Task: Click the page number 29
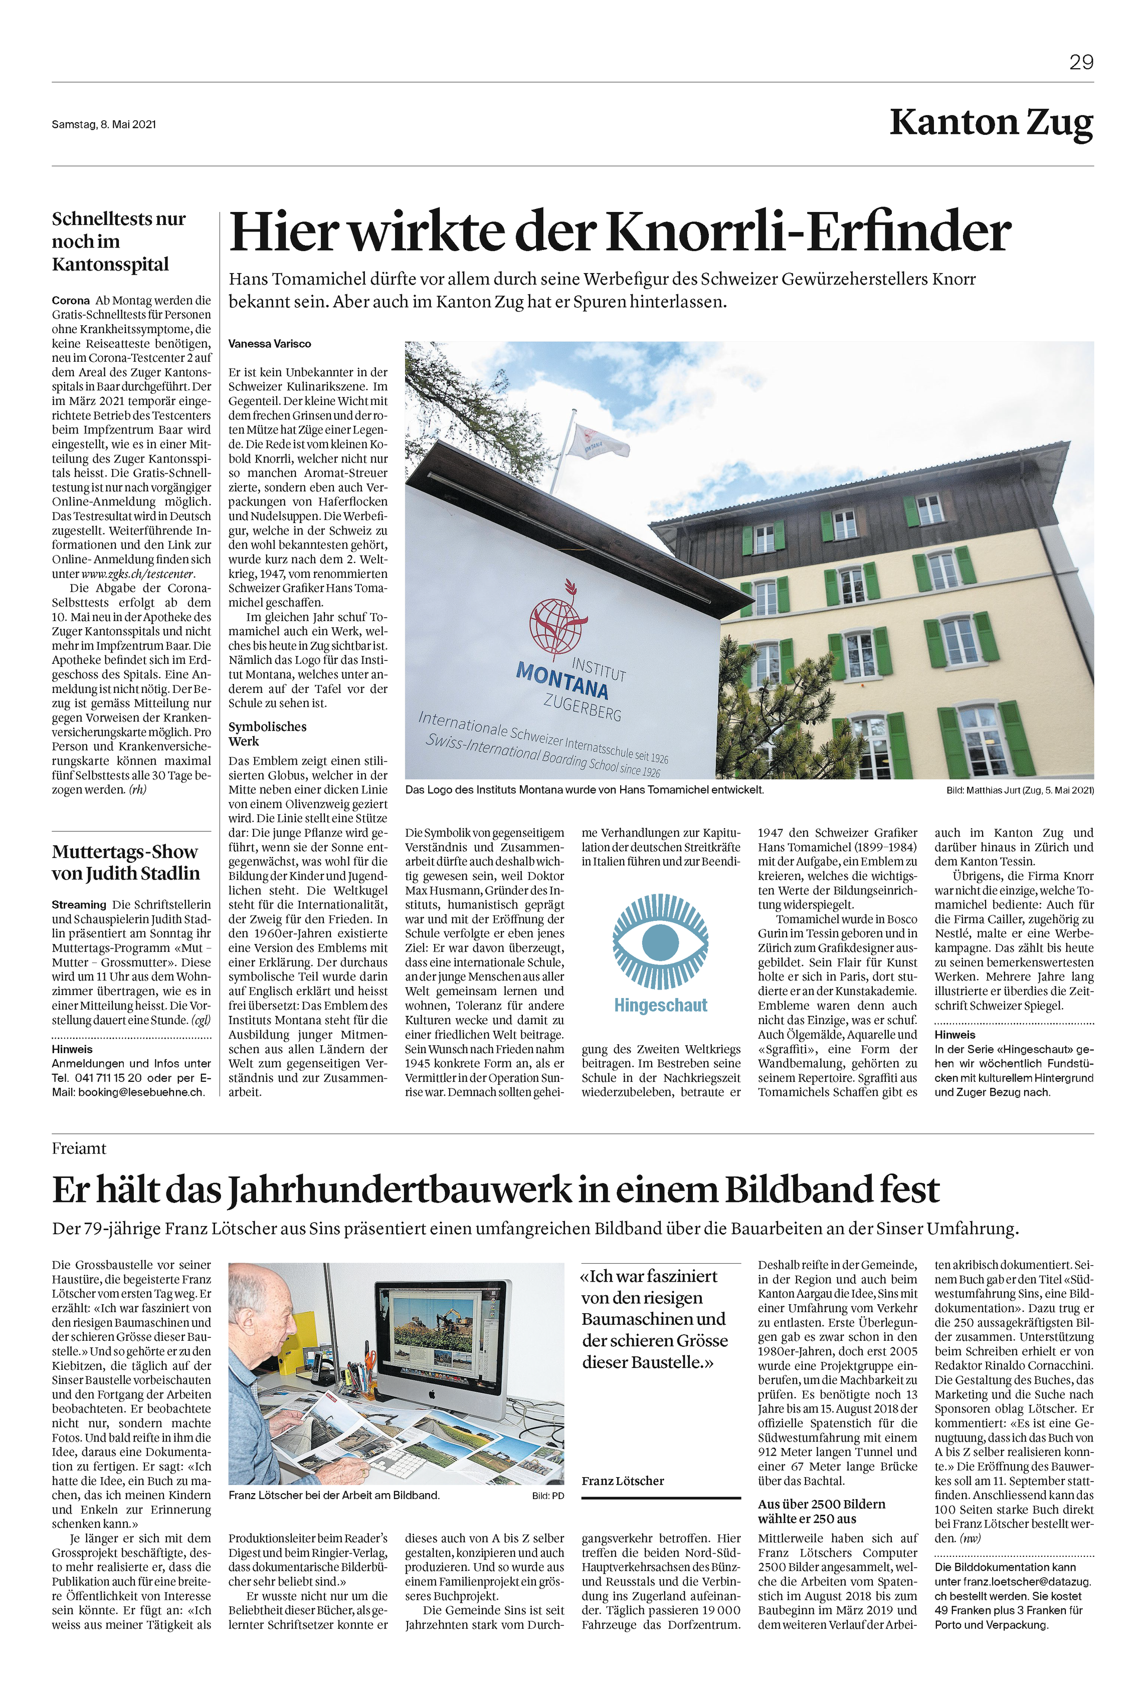(1081, 62)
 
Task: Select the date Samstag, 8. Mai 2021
(104, 124)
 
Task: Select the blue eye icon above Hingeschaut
(660, 941)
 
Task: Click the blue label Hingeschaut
(660, 1005)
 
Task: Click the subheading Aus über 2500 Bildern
(821, 1504)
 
